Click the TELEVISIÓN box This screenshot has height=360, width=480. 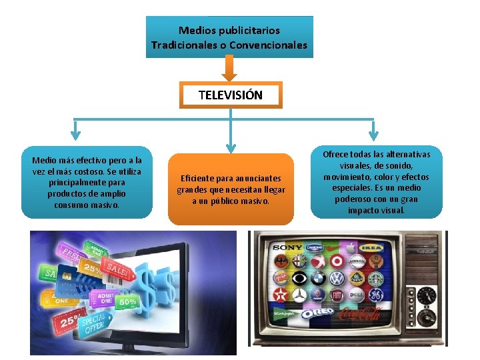click(231, 95)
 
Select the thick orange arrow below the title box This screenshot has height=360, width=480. click(230, 69)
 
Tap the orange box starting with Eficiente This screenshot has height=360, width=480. click(231, 189)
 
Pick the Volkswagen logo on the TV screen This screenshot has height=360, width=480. click(337, 277)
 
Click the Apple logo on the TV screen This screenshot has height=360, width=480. click(337, 262)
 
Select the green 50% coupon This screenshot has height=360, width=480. click(128, 301)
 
